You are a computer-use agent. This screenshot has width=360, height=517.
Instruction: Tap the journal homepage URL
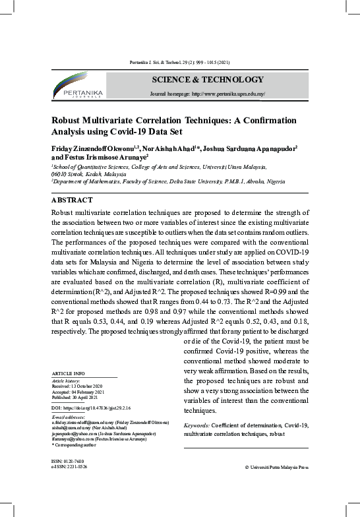pyautogui.click(x=208, y=94)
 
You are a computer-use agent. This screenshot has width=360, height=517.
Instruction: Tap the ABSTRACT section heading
pyautogui.click(x=72, y=199)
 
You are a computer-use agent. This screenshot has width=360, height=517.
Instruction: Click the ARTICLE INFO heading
pyautogui.click(x=68, y=375)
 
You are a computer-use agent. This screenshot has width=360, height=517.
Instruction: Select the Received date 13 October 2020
pyautogui.click(x=76, y=385)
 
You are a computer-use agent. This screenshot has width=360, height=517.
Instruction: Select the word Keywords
pyautogui.click(x=196, y=425)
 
